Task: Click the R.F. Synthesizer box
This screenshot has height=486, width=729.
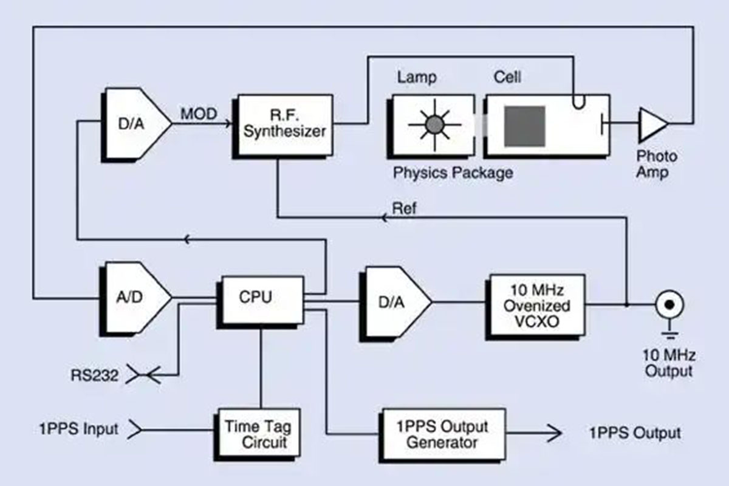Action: pyautogui.click(x=285, y=124)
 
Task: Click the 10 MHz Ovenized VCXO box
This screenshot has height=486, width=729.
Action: pyautogui.click(x=536, y=306)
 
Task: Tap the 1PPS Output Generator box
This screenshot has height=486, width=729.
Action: pyautogui.click(x=442, y=433)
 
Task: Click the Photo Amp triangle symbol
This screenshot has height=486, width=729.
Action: pyautogui.click(x=651, y=123)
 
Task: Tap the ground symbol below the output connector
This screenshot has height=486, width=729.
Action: pyautogui.click(x=668, y=334)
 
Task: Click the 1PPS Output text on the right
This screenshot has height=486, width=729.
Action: pyautogui.click(x=634, y=433)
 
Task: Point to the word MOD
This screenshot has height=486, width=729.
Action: pyautogui.click(x=199, y=114)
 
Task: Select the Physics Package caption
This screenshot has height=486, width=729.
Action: pyautogui.click(x=453, y=173)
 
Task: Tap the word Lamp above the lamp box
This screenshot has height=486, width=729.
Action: pyautogui.click(x=417, y=78)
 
